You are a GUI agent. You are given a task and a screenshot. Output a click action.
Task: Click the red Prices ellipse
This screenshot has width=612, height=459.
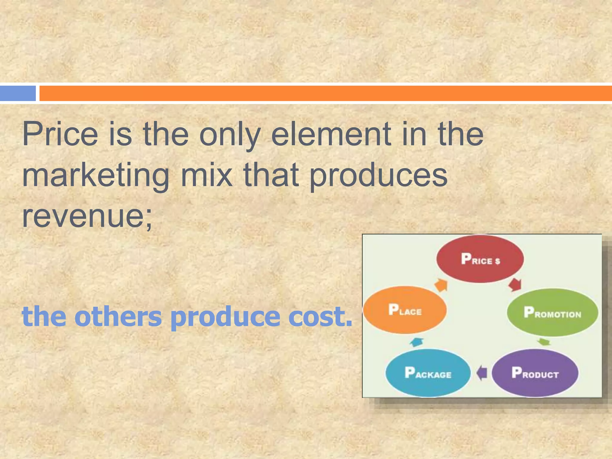[x=480, y=259]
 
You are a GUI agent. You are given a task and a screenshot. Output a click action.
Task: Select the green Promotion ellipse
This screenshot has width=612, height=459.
[x=552, y=312]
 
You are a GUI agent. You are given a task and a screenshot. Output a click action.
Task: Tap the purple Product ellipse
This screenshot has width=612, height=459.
[x=535, y=373]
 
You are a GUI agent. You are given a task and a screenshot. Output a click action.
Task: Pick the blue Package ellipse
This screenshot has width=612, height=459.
[x=428, y=373]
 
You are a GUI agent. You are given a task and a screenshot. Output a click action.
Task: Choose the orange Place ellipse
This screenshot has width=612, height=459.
[x=405, y=310]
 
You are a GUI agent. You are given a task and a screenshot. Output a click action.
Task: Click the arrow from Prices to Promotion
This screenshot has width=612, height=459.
[x=515, y=284]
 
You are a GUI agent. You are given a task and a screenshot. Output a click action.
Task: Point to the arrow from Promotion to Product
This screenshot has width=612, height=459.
[x=544, y=342]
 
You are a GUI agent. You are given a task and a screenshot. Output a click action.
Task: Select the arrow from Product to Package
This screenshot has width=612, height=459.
[x=481, y=373]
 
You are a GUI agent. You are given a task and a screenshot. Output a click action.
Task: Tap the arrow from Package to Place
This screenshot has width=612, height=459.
[x=416, y=342]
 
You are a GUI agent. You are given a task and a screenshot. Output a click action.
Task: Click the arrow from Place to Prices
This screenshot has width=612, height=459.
[x=441, y=285]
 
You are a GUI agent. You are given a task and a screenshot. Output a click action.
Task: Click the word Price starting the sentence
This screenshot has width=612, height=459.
[x=60, y=134]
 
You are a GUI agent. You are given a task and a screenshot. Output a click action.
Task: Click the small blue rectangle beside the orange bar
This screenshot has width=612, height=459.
[x=18, y=93]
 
